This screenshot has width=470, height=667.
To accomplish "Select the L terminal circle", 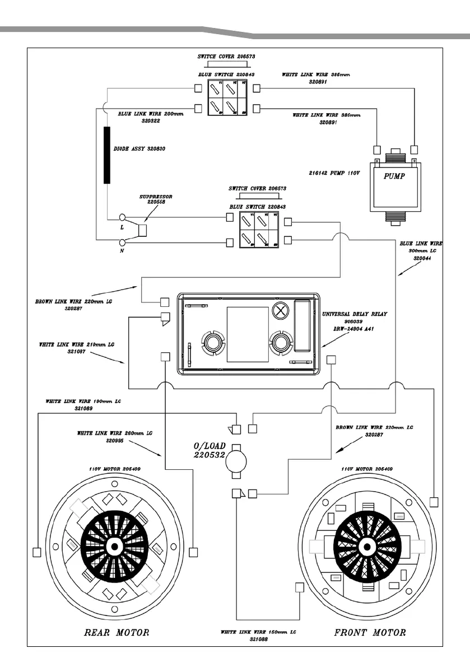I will [x=123, y=217].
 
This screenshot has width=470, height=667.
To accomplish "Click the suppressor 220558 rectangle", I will [x=142, y=230].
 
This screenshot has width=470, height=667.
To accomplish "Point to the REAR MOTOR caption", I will [x=116, y=633].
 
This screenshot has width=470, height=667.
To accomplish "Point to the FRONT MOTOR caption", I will [x=369, y=633].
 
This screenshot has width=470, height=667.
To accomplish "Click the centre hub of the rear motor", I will [x=115, y=545].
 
